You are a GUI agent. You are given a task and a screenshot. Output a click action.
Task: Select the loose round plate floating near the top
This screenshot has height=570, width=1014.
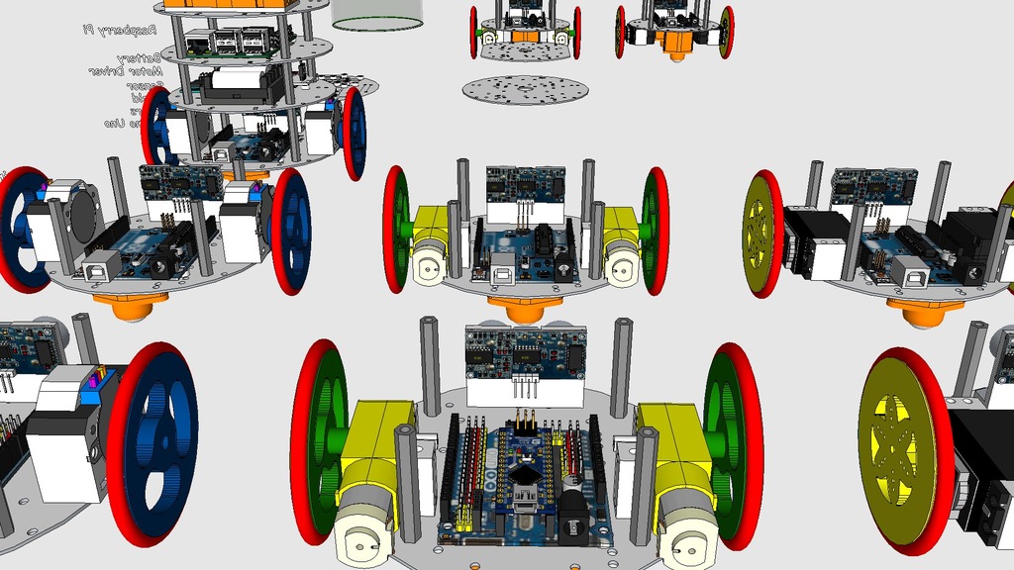click(525, 89)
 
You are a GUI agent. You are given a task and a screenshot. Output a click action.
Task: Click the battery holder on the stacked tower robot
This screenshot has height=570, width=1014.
click(238, 84)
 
